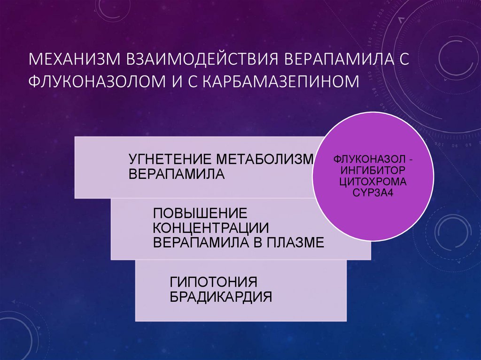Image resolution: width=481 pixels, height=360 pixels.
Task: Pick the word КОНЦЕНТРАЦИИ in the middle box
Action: (x=211, y=228)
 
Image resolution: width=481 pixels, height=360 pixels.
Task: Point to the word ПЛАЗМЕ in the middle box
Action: (x=296, y=243)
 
